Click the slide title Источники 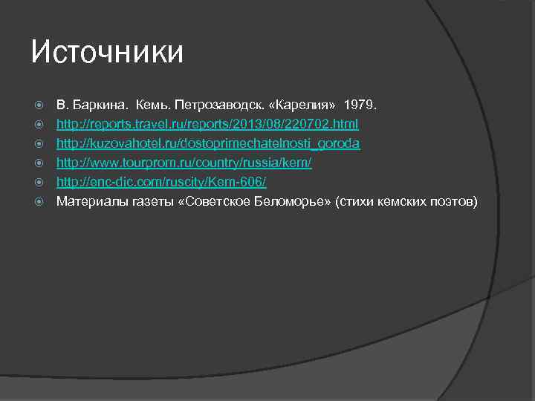pos(107,52)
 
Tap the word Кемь pos(151,104)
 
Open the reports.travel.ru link pos(208,123)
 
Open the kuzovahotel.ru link pos(209,143)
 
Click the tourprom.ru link pos(184,162)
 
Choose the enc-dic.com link pos(161,181)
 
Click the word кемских pos(403,200)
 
